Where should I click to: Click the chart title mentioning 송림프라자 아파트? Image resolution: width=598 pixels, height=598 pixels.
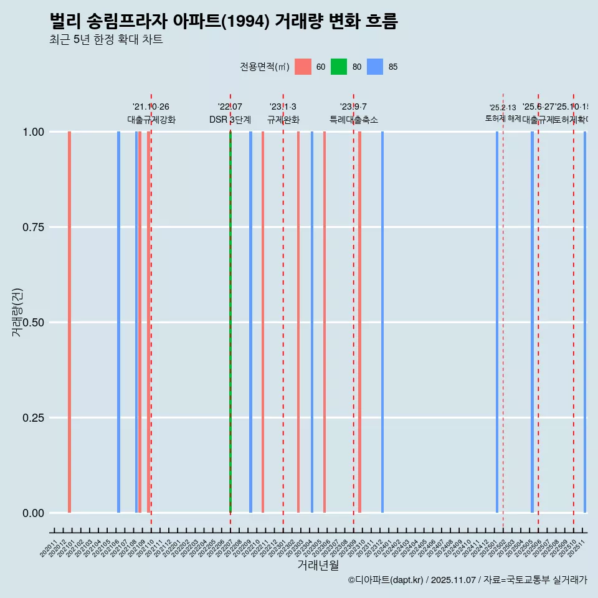223,21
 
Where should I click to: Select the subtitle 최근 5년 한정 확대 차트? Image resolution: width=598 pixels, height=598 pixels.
106,40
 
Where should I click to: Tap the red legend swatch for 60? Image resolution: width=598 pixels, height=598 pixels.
303,67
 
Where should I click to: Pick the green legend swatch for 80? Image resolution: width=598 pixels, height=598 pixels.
339,67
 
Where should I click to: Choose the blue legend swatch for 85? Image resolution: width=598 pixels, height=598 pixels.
375,67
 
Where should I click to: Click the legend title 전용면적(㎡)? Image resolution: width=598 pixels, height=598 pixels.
264,67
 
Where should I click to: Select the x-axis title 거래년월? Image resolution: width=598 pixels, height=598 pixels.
318,565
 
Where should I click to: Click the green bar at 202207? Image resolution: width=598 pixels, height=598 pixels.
230,322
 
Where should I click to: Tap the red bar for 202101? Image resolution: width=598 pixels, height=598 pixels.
69,322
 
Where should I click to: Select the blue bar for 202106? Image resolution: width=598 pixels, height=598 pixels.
118,322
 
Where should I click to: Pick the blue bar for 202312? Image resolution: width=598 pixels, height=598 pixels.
382,322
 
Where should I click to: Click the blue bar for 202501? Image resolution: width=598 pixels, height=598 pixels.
497,322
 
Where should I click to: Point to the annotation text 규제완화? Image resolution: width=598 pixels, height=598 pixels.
283,120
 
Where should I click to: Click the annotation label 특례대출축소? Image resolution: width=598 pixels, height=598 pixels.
354,120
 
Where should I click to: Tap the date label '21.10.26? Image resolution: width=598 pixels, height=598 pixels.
151,107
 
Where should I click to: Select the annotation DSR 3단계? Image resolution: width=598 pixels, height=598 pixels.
230,120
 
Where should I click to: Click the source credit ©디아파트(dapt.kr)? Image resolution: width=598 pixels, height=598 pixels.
386,580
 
